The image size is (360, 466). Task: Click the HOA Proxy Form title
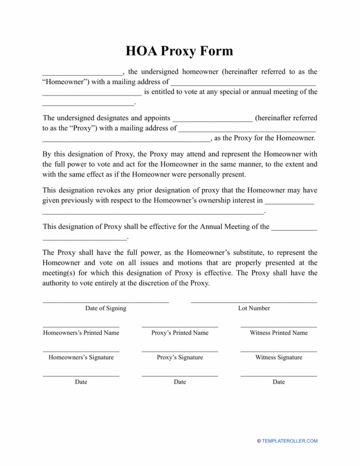point(180,51)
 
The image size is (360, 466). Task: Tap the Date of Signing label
point(105,308)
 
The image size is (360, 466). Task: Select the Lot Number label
point(254,308)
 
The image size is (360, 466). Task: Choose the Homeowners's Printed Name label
point(81,333)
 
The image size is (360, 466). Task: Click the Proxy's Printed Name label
point(180,333)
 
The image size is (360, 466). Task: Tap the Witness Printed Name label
point(278,333)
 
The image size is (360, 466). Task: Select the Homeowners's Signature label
point(81,357)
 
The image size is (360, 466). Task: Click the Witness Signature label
point(278,357)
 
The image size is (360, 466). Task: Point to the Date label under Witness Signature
point(278,382)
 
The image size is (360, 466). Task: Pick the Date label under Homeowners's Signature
point(81,382)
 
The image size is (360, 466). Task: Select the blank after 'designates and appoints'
point(213,118)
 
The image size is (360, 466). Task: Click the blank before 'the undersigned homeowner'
point(82,73)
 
